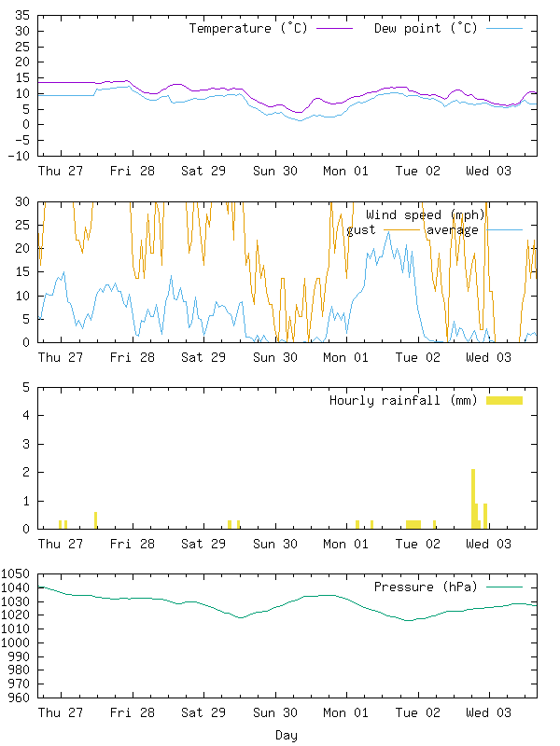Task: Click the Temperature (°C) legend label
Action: [248, 28]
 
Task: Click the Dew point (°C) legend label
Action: [426, 28]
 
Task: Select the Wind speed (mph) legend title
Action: [426, 215]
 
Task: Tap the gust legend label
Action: [361, 229]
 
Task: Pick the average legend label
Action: [453, 229]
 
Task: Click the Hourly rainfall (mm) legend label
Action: [403, 400]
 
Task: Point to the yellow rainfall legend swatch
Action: [504, 400]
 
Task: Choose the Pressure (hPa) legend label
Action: [425, 587]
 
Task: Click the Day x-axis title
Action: [287, 736]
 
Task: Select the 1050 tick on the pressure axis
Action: [16, 574]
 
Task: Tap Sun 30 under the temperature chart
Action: [275, 172]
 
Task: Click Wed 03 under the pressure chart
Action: [489, 713]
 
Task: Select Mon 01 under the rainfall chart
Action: [346, 544]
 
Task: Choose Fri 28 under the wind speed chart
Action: [133, 357]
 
